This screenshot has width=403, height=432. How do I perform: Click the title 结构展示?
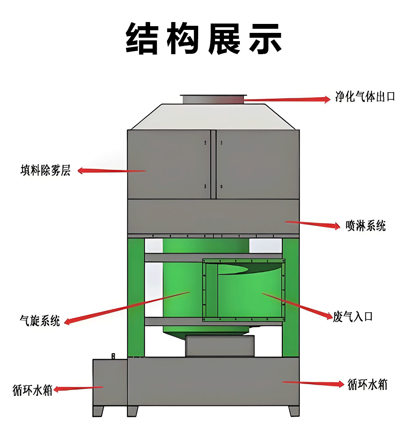point(204,38)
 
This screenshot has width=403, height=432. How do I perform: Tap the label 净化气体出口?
point(365,97)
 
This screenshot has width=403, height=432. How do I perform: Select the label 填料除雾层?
point(46,170)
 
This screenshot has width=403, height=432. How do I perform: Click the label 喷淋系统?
point(366,226)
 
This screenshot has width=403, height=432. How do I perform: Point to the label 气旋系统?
point(40,320)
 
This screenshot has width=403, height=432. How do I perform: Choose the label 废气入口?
point(353,317)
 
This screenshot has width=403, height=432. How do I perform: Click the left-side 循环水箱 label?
point(32,390)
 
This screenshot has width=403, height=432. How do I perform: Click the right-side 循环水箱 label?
point(368,384)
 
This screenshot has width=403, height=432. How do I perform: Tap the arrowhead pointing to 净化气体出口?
point(327,99)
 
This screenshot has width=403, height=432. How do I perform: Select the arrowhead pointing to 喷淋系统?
point(337,226)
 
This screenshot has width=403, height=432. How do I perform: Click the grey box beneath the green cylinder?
point(220,346)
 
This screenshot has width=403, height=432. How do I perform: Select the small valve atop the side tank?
point(113,356)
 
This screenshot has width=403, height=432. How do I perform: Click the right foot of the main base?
point(293,411)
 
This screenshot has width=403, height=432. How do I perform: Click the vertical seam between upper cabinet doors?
point(213,164)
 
